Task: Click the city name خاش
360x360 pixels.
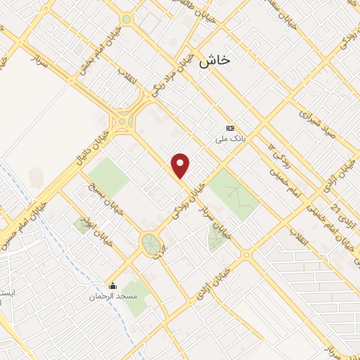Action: pos(214,60)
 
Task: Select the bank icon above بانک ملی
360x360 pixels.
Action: pos(229,128)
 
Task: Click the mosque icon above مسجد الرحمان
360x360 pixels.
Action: pos(112,285)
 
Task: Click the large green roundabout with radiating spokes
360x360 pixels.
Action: pos(150,244)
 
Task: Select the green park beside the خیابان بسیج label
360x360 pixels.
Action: pos(108,177)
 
